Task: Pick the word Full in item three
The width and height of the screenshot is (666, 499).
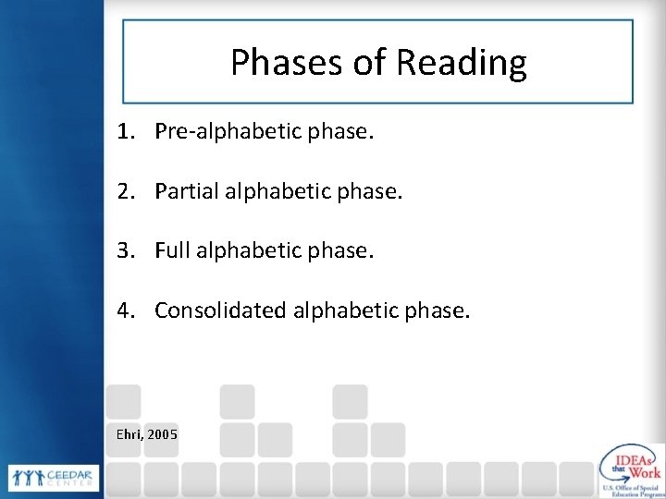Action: pyautogui.click(x=173, y=250)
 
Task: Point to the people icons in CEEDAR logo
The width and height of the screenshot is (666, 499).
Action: pyautogui.click(x=24, y=478)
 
